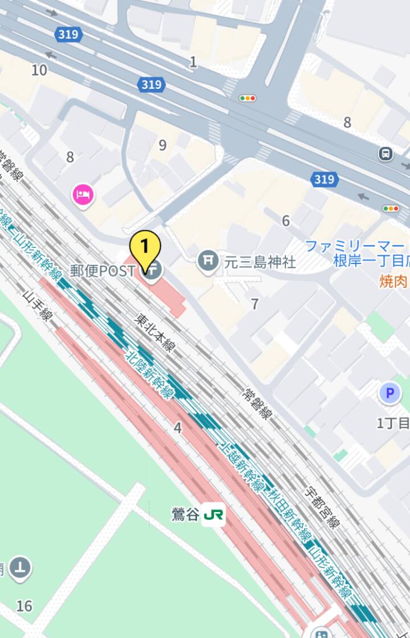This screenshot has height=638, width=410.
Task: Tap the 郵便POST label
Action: (x=102, y=271)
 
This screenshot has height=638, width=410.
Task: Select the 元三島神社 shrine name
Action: (x=260, y=262)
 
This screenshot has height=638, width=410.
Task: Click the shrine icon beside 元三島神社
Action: (x=208, y=262)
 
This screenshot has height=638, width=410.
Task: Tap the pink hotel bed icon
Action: (x=83, y=196)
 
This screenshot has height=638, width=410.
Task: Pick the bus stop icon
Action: (x=386, y=153)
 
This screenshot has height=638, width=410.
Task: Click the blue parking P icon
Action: (x=390, y=393)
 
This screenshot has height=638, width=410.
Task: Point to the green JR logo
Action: (x=214, y=515)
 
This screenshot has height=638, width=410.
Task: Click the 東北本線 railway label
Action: (x=155, y=332)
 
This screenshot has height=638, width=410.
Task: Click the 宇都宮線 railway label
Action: (x=322, y=506)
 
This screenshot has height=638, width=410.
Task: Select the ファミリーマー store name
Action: (x=354, y=246)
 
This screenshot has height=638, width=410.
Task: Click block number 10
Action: (x=39, y=70)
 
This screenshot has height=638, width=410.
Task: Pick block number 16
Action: (x=24, y=606)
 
